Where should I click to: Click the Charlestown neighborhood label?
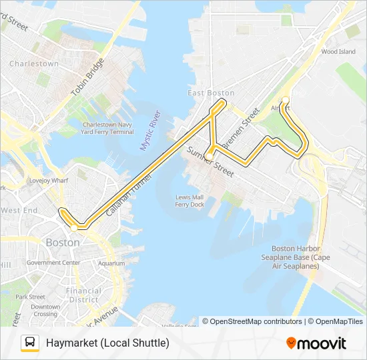click(x=34, y=64)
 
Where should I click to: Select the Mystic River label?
click(x=151, y=130)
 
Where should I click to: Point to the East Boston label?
click(x=211, y=93)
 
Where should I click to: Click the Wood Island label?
click(x=338, y=51)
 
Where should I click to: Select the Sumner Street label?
click(x=210, y=161)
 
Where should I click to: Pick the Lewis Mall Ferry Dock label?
click(x=190, y=201)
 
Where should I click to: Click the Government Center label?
click(x=53, y=263)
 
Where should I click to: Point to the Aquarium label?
click(x=111, y=263)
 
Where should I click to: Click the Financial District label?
click(x=83, y=295)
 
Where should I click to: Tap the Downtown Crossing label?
click(x=46, y=310)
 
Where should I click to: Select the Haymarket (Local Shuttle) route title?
click(x=107, y=343)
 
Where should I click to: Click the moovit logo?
click(x=316, y=343)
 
